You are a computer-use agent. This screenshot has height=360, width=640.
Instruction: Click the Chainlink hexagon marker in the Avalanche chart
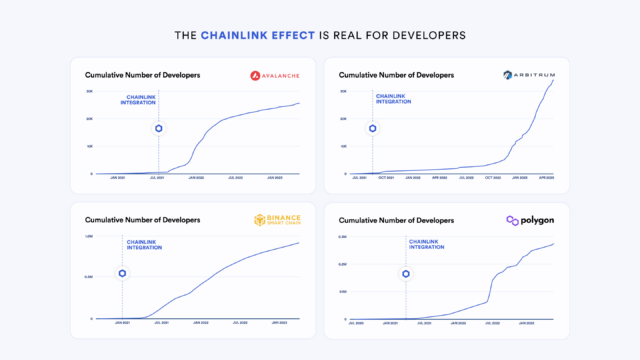point(158,128)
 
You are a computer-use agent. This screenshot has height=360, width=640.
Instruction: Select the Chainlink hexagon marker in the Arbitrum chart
point(372,128)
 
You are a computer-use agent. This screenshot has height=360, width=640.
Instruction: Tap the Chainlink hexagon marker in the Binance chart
point(122,273)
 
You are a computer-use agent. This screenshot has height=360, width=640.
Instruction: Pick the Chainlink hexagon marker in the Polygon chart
point(406,273)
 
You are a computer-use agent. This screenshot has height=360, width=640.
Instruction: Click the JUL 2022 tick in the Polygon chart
point(491,323)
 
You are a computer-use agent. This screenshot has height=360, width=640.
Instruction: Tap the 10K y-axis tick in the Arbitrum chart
point(344,145)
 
